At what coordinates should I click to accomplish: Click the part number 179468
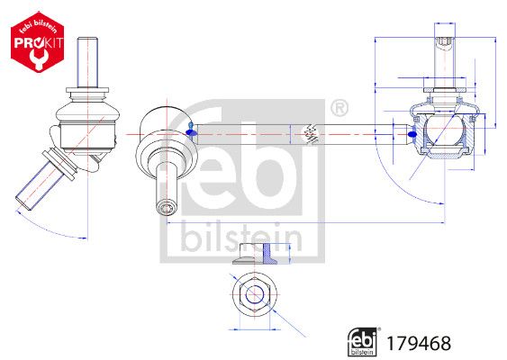[420, 343]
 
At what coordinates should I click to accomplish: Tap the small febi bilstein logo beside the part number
[363, 341]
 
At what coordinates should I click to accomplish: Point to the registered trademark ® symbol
[339, 110]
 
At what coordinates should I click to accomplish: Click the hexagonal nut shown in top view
[254, 293]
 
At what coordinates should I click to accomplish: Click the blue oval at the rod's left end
[191, 133]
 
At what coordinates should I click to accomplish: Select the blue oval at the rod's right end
[412, 136]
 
